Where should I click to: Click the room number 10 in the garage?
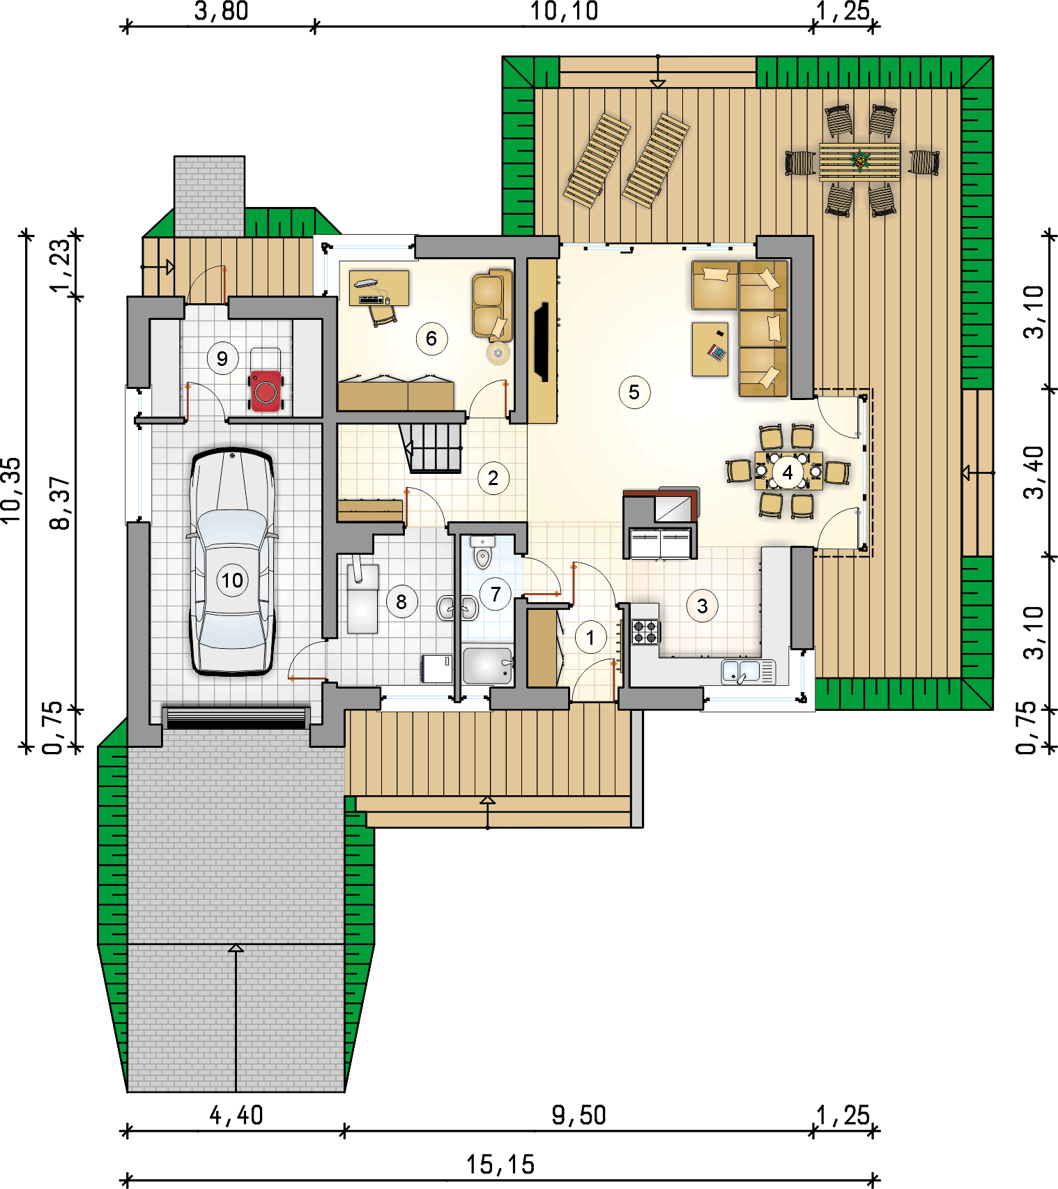[232, 580]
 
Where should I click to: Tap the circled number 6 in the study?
[431, 339]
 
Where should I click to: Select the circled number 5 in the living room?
[634, 392]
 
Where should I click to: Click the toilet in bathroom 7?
[482, 552]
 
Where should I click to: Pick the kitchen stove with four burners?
[645, 631]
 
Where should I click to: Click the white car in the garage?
[232, 562]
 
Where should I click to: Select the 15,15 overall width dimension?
[500, 1165]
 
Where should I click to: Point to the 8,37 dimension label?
[61, 503]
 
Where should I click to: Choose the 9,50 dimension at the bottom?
[579, 1115]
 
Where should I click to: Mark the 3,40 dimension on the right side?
[1034, 473]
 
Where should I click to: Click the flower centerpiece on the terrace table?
[860, 161]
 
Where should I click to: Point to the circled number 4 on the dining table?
[788, 473]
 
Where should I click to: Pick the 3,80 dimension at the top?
[221, 11]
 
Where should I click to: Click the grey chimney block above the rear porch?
[209, 196]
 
